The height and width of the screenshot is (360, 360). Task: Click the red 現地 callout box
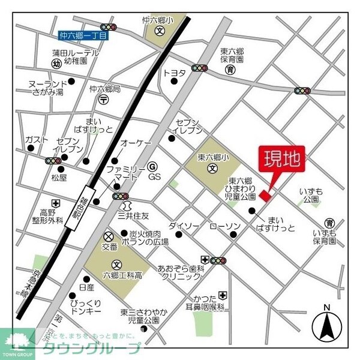click(282, 160)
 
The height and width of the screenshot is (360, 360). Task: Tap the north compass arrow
click(328, 326)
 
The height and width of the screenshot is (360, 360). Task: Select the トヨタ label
click(175, 73)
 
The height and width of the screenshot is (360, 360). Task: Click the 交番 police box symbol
click(109, 235)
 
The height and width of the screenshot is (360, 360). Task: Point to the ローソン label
click(225, 226)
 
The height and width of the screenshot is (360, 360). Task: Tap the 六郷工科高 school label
click(122, 275)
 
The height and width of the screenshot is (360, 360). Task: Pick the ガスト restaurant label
click(37, 140)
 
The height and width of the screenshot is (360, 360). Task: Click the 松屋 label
click(59, 178)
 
